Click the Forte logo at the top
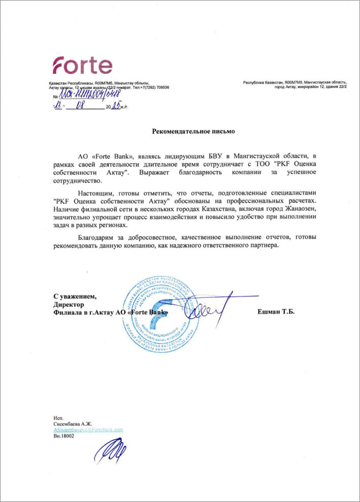click(x=82, y=66)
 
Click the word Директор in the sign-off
click(x=67, y=304)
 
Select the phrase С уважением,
click(x=75, y=296)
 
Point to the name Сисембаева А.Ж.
click(x=73, y=423)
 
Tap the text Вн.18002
click(x=64, y=435)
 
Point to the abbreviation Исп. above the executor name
click(x=59, y=417)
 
